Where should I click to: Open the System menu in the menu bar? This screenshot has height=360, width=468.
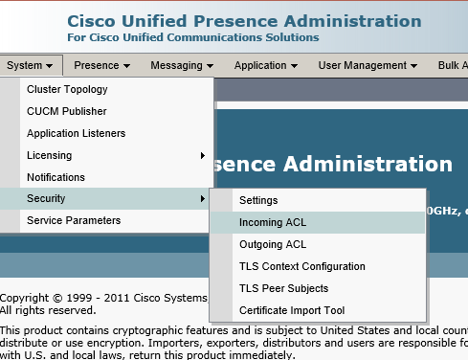pos(31,65)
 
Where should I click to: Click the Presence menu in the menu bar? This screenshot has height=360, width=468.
pos(101,65)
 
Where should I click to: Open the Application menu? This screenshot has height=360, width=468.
pos(266,65)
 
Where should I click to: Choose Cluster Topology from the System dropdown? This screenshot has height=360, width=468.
pos(67,89)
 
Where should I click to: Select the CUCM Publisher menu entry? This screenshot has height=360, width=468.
pos(67,111)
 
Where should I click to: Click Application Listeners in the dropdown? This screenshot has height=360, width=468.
pos(76,133)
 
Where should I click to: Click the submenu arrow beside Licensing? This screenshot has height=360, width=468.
pos(202,155)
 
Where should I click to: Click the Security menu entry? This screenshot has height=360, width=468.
pos(46,198)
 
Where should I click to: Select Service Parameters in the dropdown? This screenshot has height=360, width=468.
pos(74,220)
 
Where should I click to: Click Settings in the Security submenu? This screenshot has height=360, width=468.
pos(258,200)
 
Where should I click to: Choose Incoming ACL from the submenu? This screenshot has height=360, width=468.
pos(273,222)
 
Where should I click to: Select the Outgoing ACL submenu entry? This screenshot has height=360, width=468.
pos(273,244)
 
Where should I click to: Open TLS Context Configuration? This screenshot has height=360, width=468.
pos(302,266)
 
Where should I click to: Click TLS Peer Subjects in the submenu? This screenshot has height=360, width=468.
pos(283,288)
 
